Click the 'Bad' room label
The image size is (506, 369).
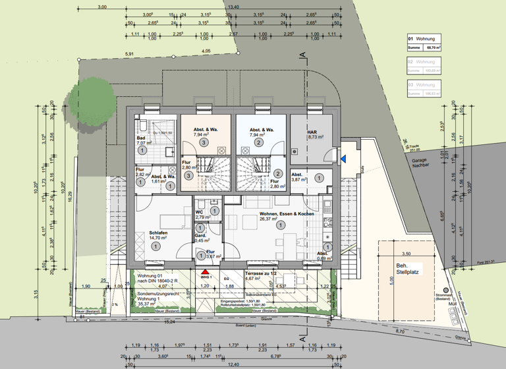click(x=141, y=138)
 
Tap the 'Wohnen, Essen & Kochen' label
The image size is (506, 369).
click(x=286, y=214)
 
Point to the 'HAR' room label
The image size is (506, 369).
click(x=312, y=132)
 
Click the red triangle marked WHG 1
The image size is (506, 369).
click(x=205, y=271)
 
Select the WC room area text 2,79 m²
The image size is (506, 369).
click(x=204, y=217)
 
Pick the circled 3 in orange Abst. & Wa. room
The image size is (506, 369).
click(x=204, y=142)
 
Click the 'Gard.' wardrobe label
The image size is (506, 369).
click(x=200, y=235)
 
